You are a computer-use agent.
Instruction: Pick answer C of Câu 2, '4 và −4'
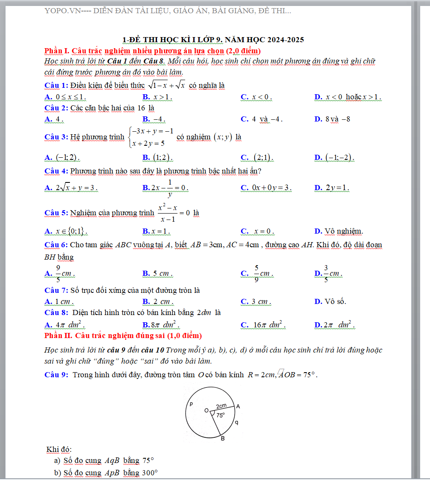pyautogui.click(x=261, y=119)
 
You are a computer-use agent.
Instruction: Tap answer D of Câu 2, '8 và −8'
pyautogui.click(x=332, y=119)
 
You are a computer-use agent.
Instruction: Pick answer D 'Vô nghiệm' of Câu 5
pyautogui.click(x=339, y=231)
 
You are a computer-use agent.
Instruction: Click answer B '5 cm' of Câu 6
pyautogui.click(x=157, y=273)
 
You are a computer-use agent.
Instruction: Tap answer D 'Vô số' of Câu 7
pyautogui.click(x=330, y=301)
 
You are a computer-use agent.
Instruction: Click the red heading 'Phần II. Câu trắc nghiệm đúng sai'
pyautogui.click(x=123, y=336)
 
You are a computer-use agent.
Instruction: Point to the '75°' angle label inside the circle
pyautogui.click(x=221, y=414)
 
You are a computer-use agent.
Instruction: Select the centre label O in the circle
pyautogui.click(x=206, y=410)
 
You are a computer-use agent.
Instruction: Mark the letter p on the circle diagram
pyautogui.click(x=191, y=403)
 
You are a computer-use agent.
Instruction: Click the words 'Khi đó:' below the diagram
pyautogui.click(x=59, y=449)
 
